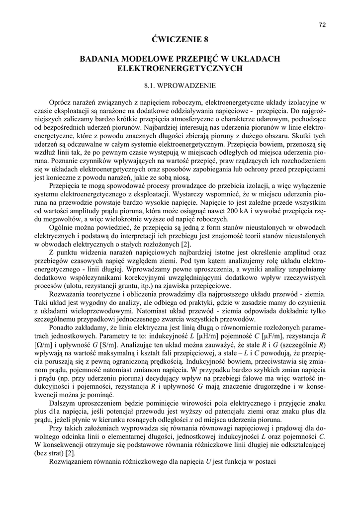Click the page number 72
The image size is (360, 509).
pos(322,24)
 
